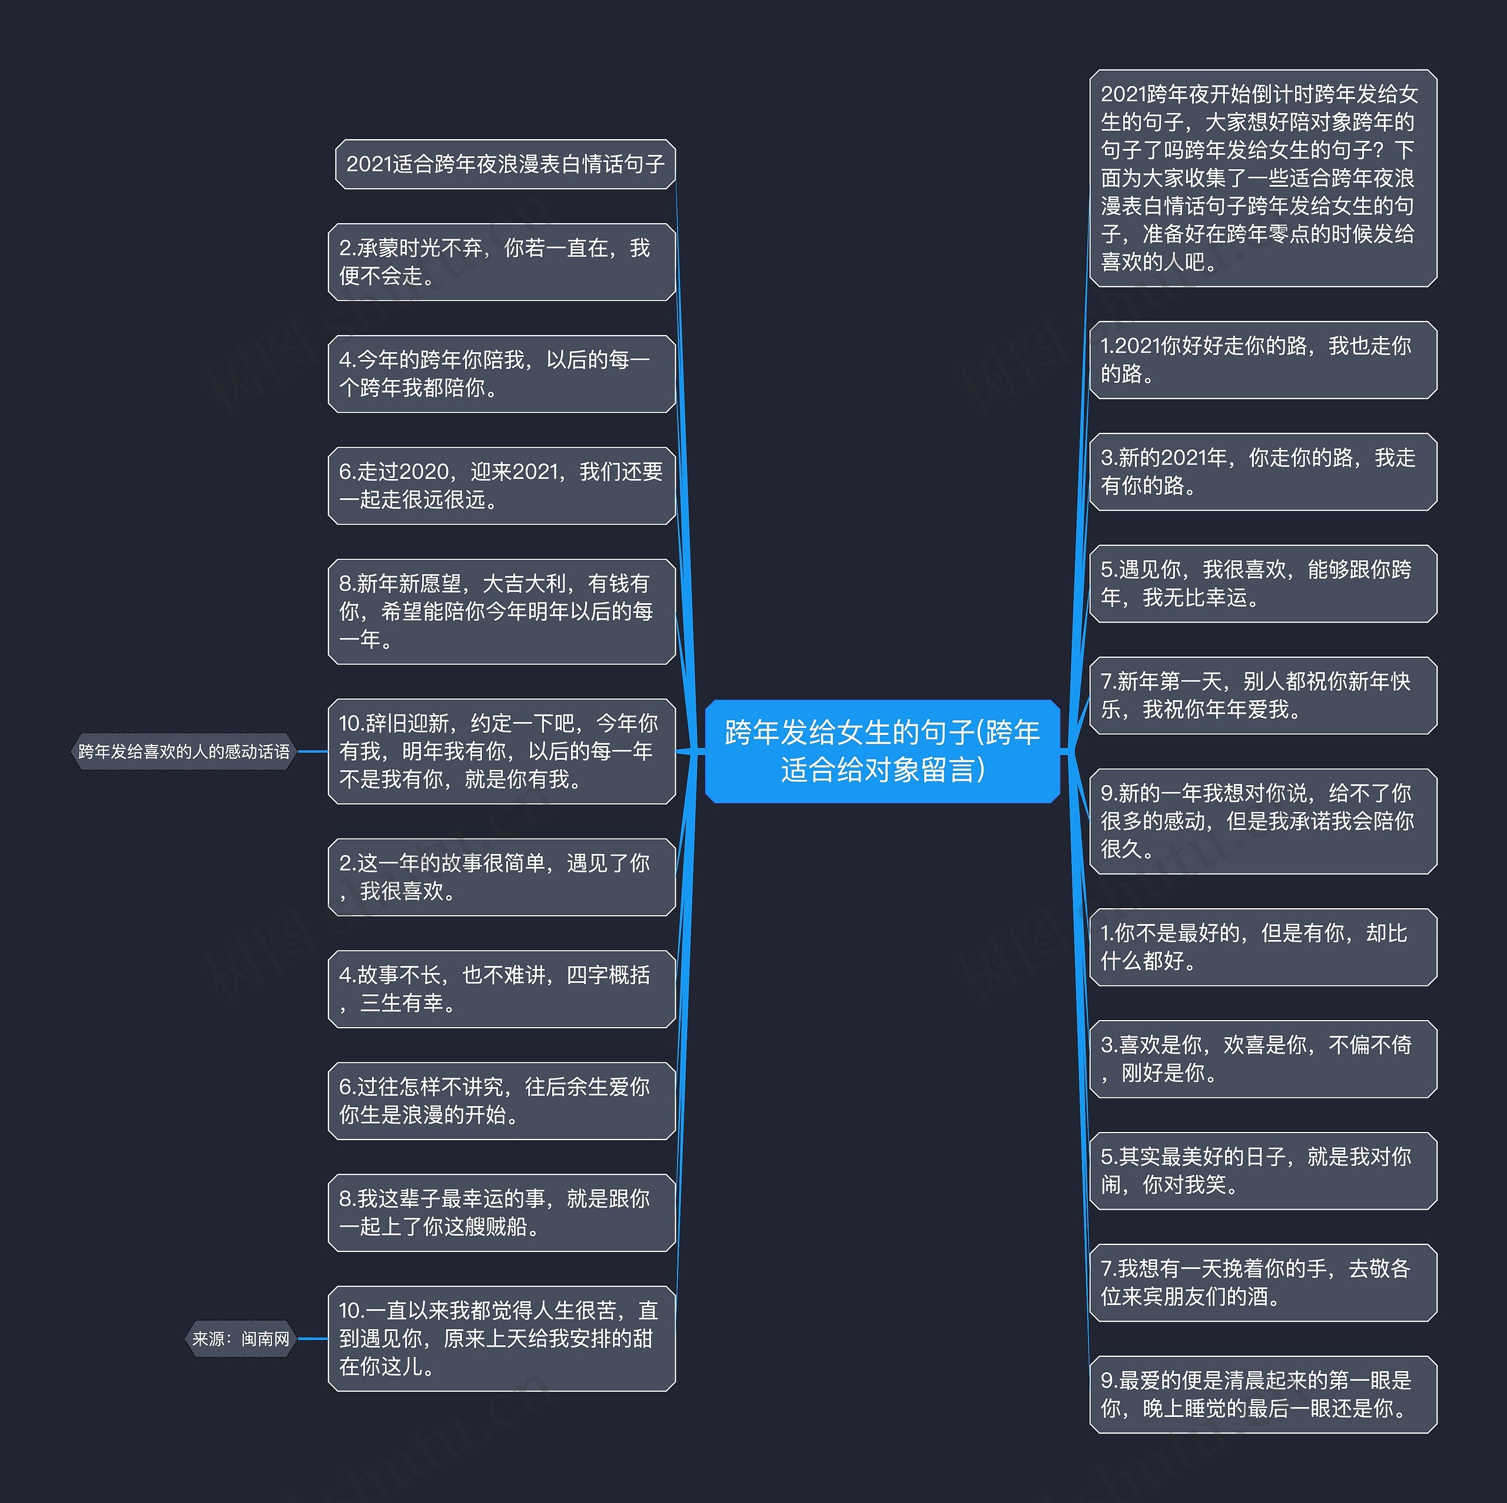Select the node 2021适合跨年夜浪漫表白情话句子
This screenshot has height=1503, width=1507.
pos(504,164)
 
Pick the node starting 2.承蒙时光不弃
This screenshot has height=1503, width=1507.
pos(502,262)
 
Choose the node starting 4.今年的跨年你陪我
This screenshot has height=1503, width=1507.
pos(502,374)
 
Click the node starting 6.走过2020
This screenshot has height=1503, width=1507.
pos(502,485)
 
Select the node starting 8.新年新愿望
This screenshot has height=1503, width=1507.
pos(502,611)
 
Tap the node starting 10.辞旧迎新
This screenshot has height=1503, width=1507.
pos(502,751)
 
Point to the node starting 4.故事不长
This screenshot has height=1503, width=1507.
pos(502,989)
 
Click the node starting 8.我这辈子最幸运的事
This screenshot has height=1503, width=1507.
pos(502,1212)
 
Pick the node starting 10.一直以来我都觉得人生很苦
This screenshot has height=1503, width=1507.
pos(502,1338)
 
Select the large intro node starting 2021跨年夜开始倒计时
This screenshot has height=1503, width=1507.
pos(1262,178)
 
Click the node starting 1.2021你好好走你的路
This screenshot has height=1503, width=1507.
pos(1262,360)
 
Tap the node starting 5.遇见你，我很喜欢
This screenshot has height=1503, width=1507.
pos(1262,584)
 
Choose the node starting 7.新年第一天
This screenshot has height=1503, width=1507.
pos(1262,696)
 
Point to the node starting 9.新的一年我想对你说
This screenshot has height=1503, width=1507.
pos(1262,821)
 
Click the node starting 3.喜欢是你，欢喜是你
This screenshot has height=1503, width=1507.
pos(1262,1058)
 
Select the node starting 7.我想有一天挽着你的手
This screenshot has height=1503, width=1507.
pos(1262,1282)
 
